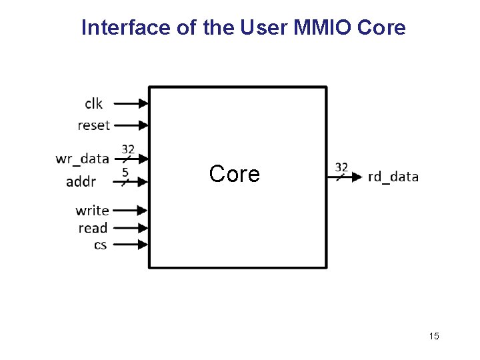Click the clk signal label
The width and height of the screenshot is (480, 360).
click(93, 103)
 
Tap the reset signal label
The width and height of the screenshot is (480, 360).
click(93, 125)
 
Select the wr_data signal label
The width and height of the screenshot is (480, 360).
click(82, 159)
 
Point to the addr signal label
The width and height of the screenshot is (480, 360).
click(81, 181)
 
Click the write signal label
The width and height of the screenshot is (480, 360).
click(92, 211)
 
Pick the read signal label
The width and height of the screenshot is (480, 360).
click(93, 228)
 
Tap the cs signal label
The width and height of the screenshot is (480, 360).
click(100, 245)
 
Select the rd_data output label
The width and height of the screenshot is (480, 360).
click(393, 177)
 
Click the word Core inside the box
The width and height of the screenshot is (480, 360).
click(234, 174)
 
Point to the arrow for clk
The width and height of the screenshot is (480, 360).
click(131, 103)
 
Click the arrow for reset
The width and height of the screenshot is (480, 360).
click(131, 125)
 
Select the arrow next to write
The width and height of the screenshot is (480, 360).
click(131, 211)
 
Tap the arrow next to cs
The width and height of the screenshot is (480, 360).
click(131, 245)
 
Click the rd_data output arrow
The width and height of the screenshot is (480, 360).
click(346, 177)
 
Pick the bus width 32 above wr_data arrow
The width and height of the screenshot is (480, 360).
click(127, 149)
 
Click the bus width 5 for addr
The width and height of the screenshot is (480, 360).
click(125, 171)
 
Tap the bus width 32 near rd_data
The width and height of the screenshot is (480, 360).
click(341, 166)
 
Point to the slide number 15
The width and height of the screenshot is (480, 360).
click(434, 336)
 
